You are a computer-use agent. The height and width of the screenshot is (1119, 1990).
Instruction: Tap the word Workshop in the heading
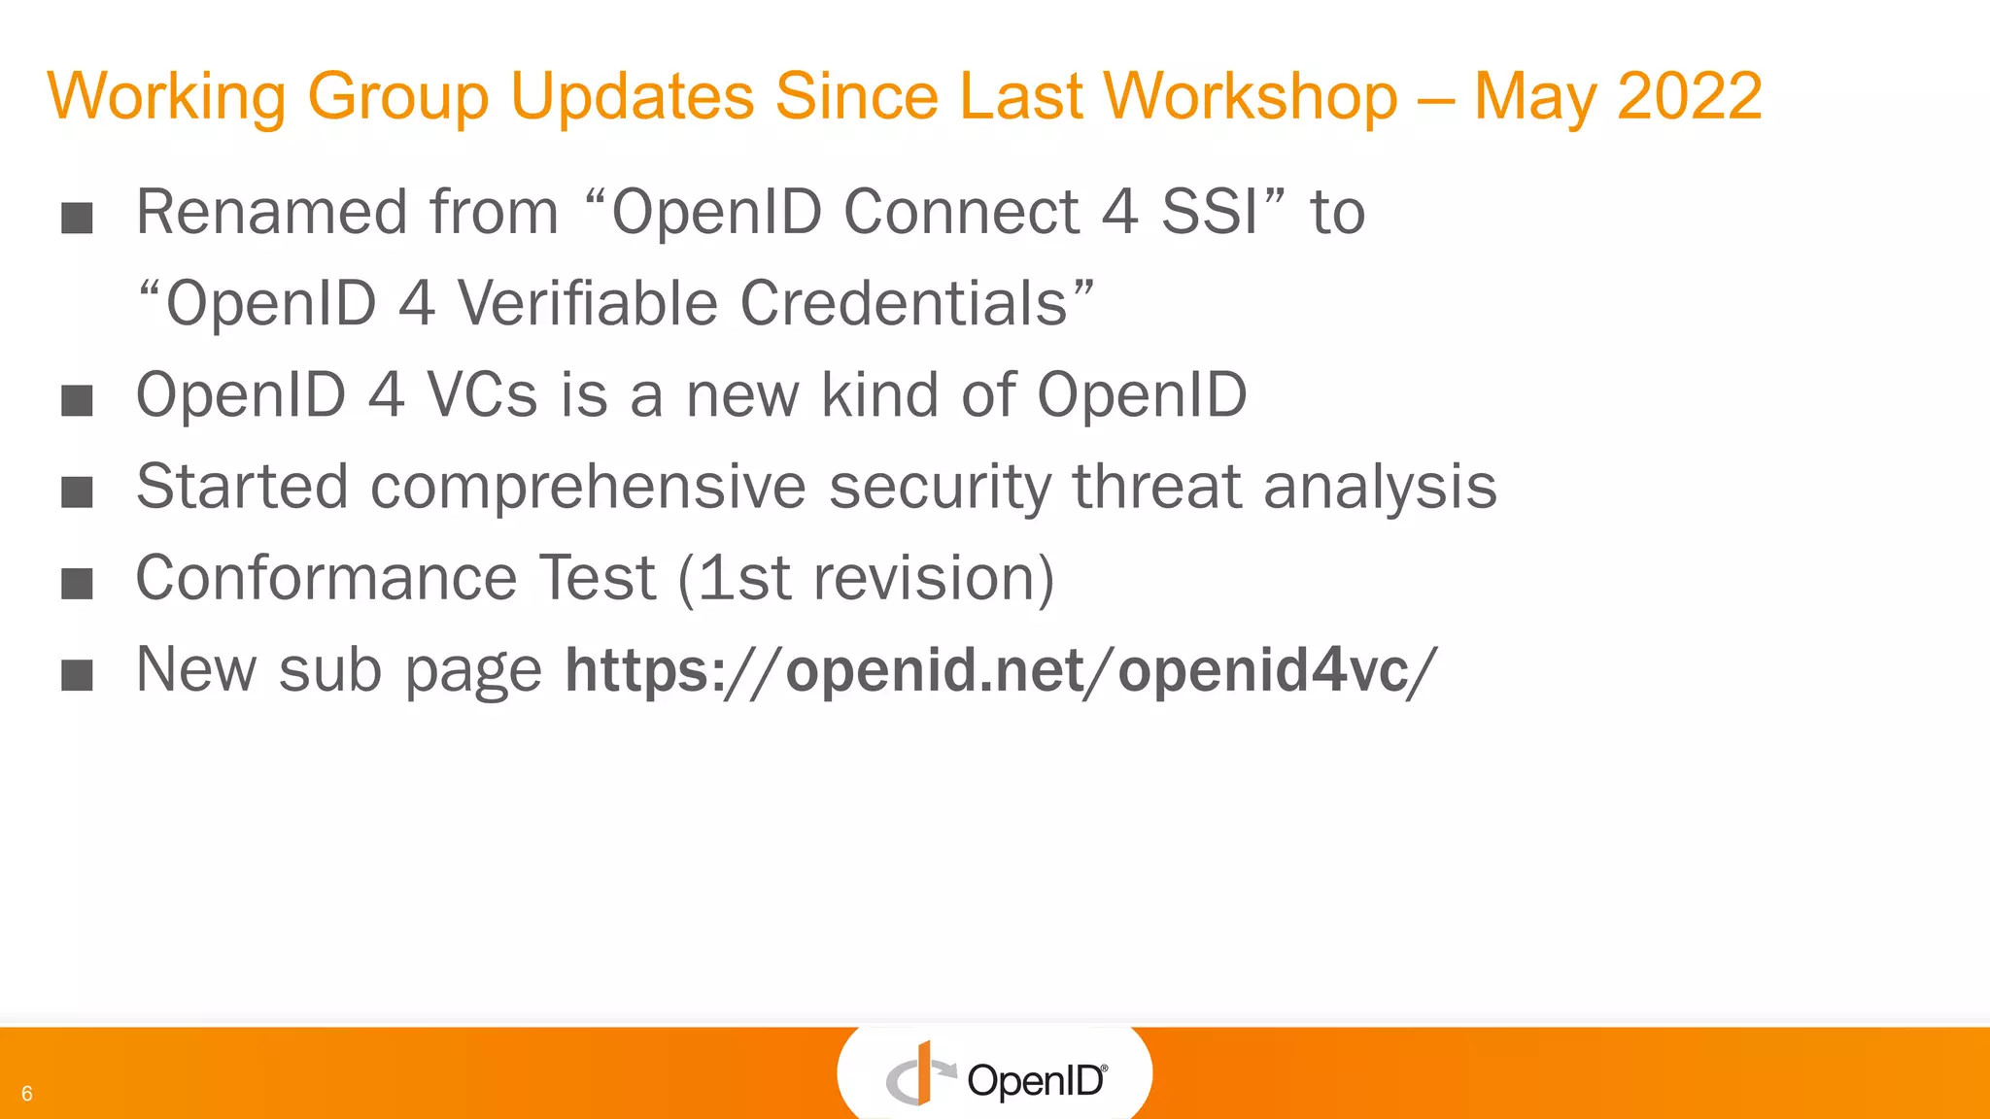pyautogui.click(x=1250, y=96)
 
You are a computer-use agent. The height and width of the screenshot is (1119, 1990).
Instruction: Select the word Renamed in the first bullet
pyautogui.click(x=271, y=212)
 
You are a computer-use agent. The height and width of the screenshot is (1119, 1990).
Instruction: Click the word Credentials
pyautogui.click(x=904, y=303)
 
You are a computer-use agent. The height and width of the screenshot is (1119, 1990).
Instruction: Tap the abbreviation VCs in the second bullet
pyautogui.click(x=482, y=395)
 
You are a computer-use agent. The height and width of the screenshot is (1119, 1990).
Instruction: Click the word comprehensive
pyautogui.click(x=588, y=487)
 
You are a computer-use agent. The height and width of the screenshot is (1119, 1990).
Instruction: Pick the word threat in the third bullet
pyautogui.click(x=1155, y=487)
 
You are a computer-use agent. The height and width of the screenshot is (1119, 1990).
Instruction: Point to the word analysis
pyautogui.click(x=1380, y=487)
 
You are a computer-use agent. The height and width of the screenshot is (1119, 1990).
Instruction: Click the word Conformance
pyautogui.click(x=326, y=578)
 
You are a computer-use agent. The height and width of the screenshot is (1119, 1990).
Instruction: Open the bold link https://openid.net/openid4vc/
pyautogui.click(x=1001, y=670)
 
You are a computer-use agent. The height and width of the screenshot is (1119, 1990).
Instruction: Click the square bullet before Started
pyautogui.click(x=77, y=492)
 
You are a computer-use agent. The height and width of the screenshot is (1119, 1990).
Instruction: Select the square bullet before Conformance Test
pyautogui.click(x=77, y=583)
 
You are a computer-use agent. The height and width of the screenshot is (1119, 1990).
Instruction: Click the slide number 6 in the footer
pyautogui.click(x=27, y=1094)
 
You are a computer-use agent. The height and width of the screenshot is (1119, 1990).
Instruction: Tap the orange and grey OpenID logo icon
pyautogui.click(x=918, y=1075)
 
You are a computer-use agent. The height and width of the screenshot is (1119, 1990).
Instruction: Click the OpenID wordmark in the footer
pyautogui.click(x=1036, y=1080)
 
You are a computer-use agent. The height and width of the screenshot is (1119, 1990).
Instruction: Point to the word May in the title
pyautogui.click(x=1534, y=96)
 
